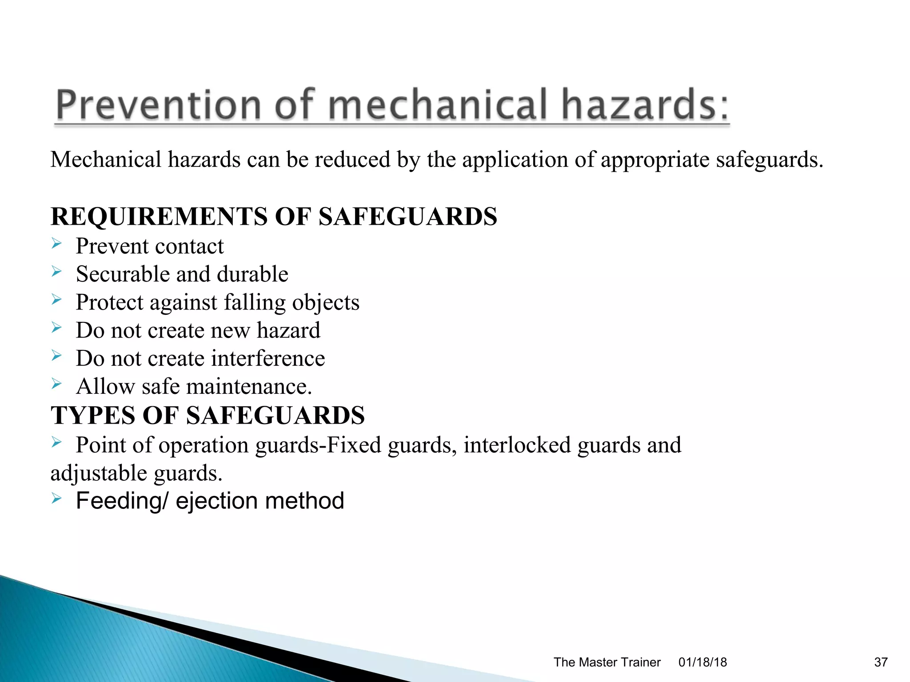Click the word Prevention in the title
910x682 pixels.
pos(158,105)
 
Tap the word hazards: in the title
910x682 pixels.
pos(645,105)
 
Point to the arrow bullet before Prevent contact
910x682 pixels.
pos(56,243)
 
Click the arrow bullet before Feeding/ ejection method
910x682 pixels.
pos(56,498)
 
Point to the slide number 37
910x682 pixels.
pos(881,662)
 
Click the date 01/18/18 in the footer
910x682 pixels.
pos(702,662)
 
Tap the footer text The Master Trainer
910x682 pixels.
pos(607,662)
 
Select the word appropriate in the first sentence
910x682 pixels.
pos(655,160)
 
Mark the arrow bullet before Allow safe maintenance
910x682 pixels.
pos(56,383)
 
